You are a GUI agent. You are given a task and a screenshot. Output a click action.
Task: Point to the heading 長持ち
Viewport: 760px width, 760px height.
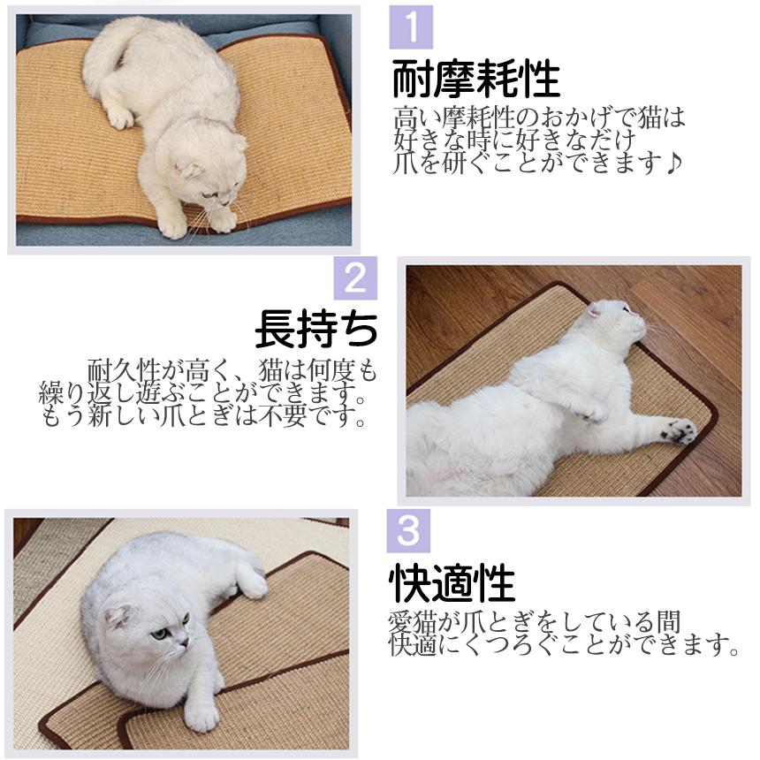click(316, 329)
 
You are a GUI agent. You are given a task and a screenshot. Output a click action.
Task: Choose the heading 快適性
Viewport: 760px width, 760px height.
click(452, 583)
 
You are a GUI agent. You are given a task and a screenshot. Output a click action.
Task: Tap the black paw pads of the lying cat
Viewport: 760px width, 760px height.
click(680, 430)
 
